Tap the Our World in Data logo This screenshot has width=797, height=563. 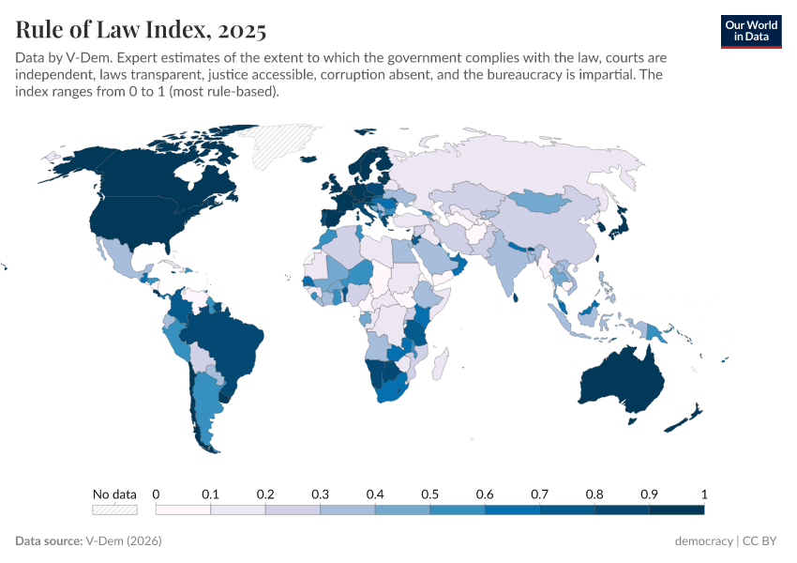[750, 30]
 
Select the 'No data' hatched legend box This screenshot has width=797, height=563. [114, 510]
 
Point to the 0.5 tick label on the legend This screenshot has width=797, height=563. [429, 494]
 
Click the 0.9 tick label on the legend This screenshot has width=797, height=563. [649, 494]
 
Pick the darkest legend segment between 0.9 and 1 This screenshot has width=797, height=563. [676, 510]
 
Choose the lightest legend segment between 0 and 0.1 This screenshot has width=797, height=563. [183, 510]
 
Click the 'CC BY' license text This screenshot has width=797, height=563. [760, 541]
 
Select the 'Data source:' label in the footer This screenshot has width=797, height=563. [49, 541]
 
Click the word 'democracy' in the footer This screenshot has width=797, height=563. [703, 541]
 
